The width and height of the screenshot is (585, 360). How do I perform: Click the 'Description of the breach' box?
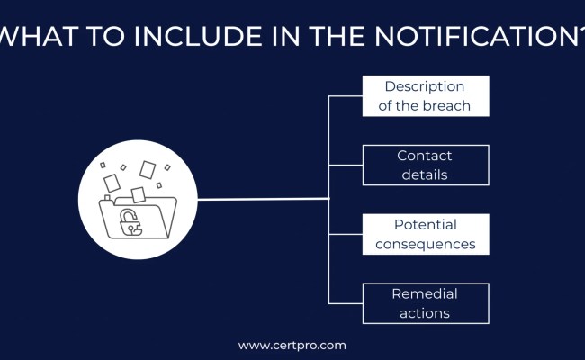426,96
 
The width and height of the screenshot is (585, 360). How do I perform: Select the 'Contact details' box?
426,166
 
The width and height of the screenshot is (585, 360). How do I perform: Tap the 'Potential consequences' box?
426,234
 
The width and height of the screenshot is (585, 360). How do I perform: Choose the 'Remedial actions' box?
426,303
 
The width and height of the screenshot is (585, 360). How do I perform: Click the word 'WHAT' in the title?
38,38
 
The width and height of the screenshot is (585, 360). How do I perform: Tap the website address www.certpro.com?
292,345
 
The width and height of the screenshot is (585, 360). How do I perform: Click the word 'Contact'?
425,156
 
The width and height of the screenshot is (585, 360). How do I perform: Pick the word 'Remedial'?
425,293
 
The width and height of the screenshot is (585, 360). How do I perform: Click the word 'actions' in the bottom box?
425,313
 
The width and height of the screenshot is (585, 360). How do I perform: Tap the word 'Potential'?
426,224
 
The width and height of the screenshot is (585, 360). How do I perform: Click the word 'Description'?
425,86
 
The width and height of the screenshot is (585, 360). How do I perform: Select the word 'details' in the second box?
425,175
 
